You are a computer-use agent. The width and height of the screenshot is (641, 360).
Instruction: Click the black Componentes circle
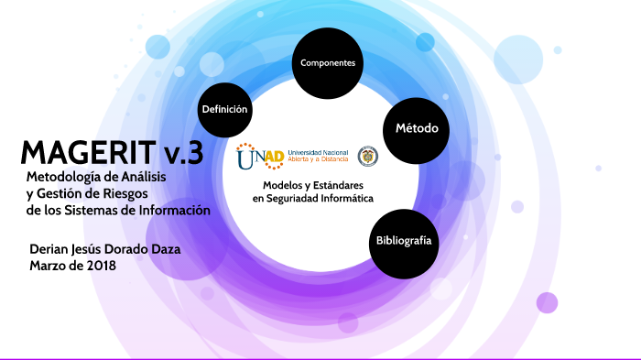pyautogui.click(x=328, y=62)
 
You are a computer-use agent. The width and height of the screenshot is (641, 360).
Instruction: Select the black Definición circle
pyautogui.click(x=224, y=109)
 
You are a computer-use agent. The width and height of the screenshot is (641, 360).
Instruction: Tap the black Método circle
pyautogui.click(x=416, y=127)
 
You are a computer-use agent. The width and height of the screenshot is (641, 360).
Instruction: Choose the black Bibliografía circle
pyautogui.click(x=403, y=241)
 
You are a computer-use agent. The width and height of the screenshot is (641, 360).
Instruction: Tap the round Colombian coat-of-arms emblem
pyautogui.click(x=367, y=156)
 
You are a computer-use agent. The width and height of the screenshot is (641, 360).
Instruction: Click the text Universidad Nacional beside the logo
pyautogui.click(x=317, y=151)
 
